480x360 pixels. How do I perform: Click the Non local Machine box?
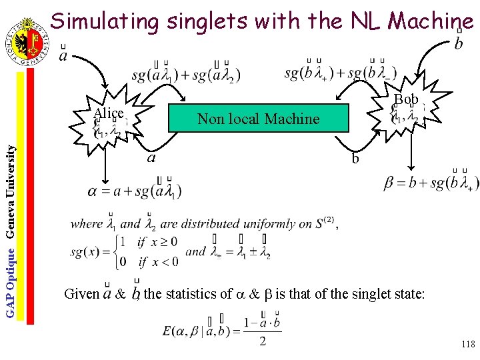coord(259,119)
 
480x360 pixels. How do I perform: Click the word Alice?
coord(109,113)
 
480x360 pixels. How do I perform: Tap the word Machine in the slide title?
coord(431,22)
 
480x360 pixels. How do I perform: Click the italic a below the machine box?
coord(151,158)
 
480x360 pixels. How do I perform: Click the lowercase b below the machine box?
coord(355,159)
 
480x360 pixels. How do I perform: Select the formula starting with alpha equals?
coord(133,191)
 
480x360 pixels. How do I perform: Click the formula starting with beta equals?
coord(431,182)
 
